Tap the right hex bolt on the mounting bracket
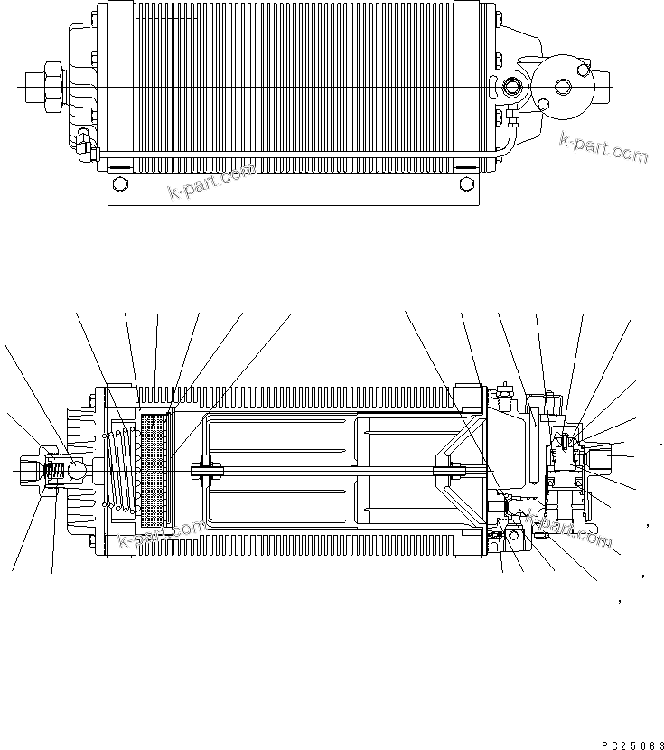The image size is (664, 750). (x=466, y=184)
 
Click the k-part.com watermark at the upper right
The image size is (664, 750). (x=603, y=147)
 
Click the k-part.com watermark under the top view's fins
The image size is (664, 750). (x=213, y=181)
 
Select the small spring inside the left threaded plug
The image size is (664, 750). (x=53, y=471)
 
